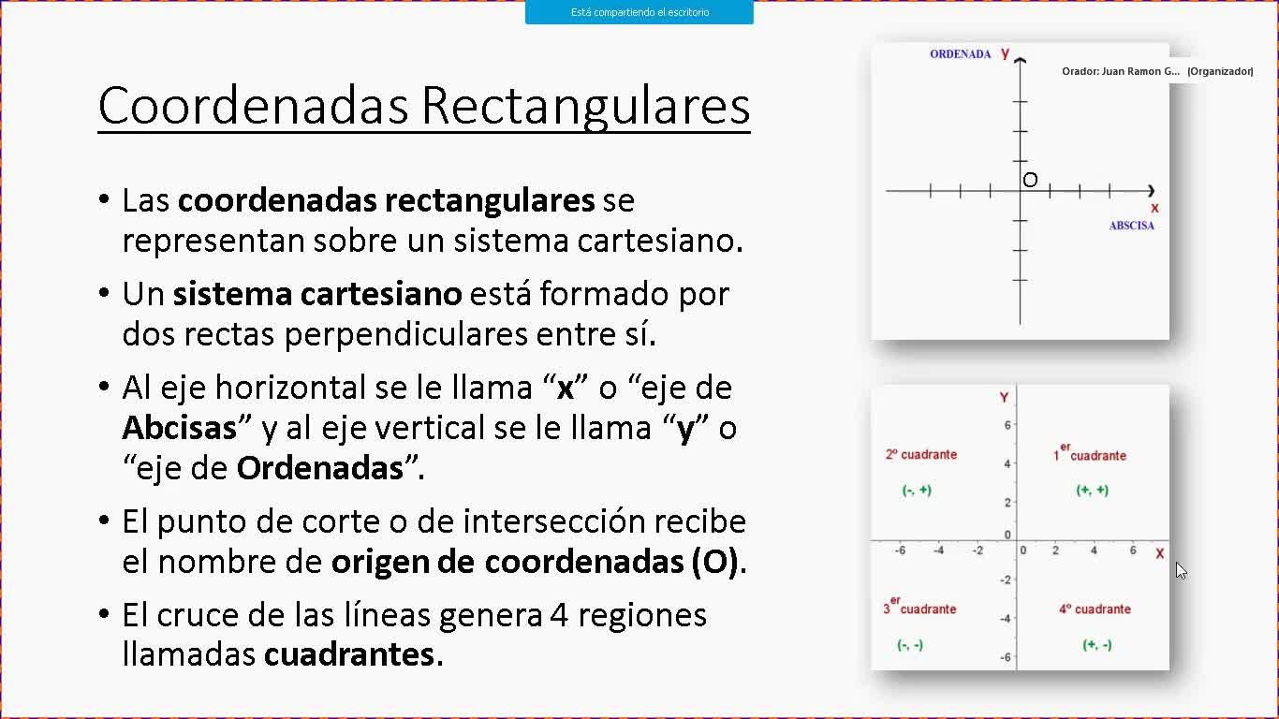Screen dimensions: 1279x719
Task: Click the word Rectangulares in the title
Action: tap(586, 107)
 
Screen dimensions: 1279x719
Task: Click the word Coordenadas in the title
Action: tap(254, 106)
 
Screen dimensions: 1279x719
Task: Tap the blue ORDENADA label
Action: tap(961, 54)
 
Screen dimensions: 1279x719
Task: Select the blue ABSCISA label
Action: tap(1132, 226)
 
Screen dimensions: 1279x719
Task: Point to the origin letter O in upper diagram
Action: tap(1030, 180)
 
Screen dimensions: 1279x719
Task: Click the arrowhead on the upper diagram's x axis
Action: tap(1151, 191)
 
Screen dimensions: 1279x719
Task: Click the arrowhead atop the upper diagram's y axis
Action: tap(1021, 60)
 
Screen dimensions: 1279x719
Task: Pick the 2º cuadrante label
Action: tap(921, 455)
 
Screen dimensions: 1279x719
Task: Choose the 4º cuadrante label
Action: tap(1095, 609)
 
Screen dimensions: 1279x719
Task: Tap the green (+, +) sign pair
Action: tap(1093, 490)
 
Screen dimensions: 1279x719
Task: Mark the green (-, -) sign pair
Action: tap(910, 645)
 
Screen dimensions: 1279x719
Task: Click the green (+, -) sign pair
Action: tap(1096, 645)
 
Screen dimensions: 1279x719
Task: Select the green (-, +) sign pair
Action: tap(917, 490)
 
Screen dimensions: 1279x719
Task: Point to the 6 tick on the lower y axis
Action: tap(1007, 425)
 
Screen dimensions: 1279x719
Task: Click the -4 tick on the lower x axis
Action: tap(939, 550)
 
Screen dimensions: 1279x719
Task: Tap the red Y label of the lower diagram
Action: tap(1004, 398)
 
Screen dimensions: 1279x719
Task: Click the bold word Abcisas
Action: tap(179, 428)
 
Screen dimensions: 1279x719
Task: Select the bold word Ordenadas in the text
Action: tap(320, 468)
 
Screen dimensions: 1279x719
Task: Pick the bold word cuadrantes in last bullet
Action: tap(349, 654)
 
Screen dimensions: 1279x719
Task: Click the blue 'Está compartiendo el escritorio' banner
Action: tap(639, 12)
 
